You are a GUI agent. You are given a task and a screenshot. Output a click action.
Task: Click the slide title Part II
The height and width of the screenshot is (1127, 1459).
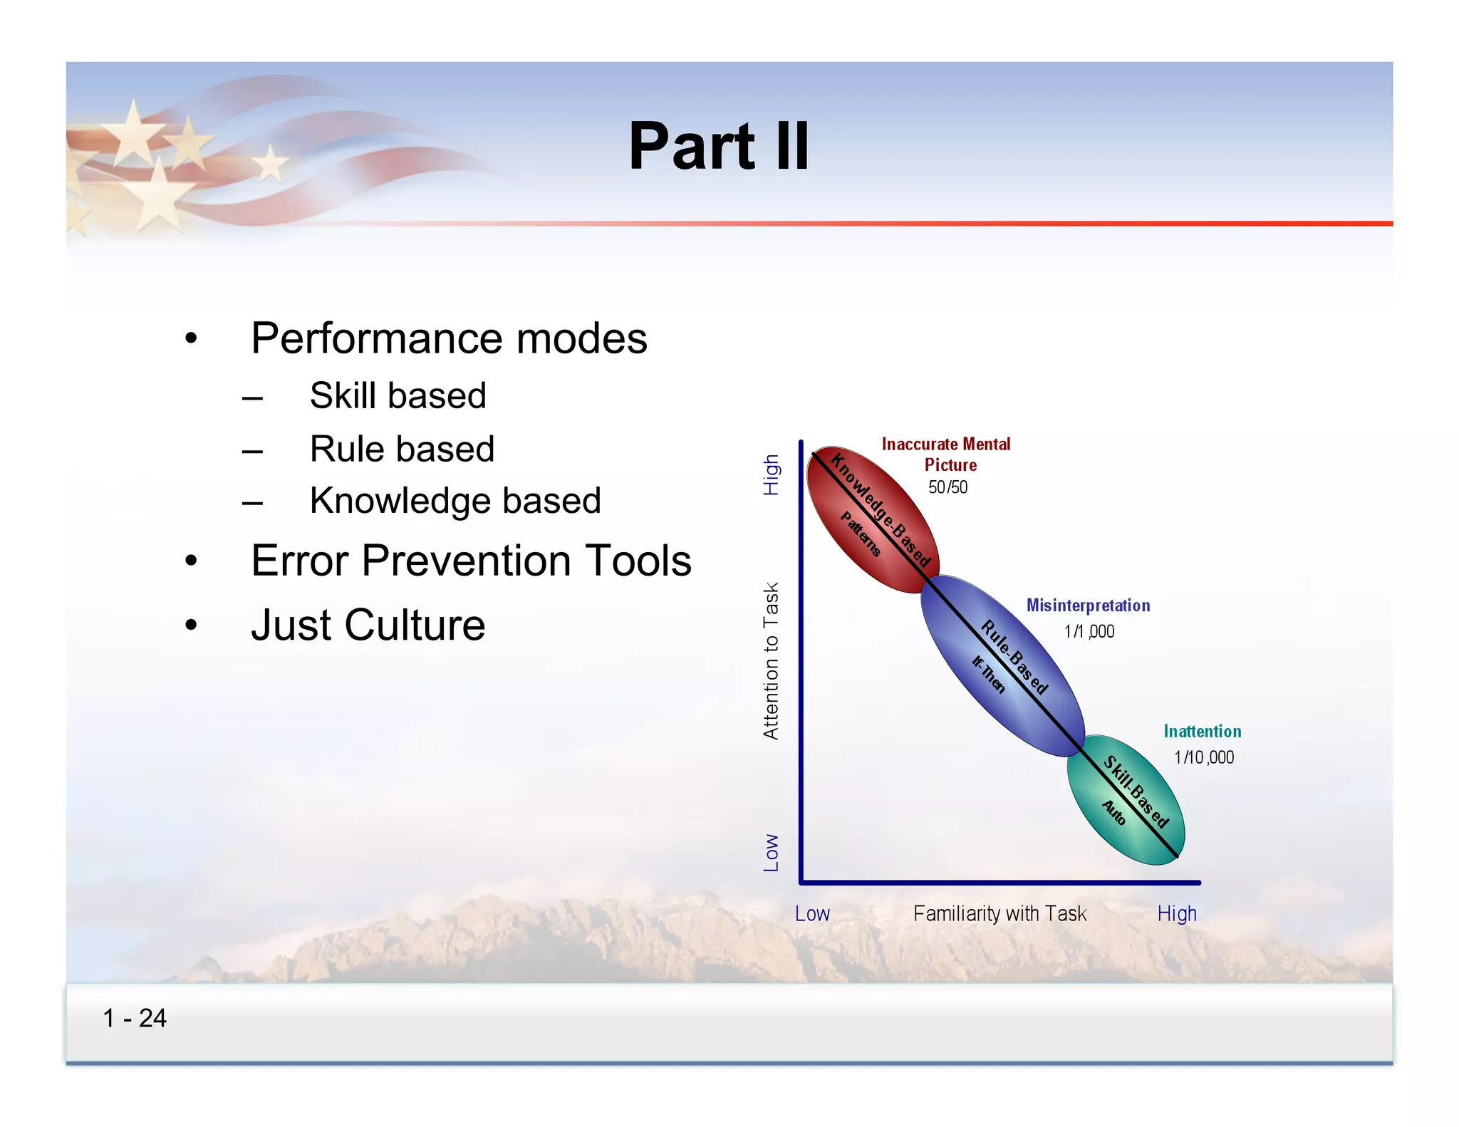pyautogui.click(x=718, y=147)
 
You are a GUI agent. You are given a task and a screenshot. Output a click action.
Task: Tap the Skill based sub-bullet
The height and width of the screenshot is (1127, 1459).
pyautogui.click(x=398, y=395)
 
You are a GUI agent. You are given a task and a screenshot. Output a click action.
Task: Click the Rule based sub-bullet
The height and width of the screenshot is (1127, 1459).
pyautogui.click(x=402, y=449)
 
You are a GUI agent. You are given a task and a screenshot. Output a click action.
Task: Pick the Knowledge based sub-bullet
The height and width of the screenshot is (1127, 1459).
pyautogui.click(x=455, y=500)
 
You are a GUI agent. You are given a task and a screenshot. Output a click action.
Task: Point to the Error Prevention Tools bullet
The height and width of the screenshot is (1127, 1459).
pyautogui.click(x=471, y=561)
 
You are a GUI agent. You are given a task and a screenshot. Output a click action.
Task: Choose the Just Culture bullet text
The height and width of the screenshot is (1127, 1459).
pyautogui.click(x=368, y=625)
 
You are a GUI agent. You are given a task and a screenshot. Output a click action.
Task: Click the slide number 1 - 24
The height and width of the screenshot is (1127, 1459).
pyautogui.click(x=135, y=1018)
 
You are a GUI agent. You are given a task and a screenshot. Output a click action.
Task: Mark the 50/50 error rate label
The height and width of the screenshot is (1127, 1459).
pyautogui.click(x=947, y=487)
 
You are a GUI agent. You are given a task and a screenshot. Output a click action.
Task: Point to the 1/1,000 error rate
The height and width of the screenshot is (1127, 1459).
pyautogui.click(x=1089, y=631)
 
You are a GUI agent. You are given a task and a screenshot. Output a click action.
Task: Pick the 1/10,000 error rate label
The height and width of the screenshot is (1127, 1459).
pyautogui.click(x=1204, y=757)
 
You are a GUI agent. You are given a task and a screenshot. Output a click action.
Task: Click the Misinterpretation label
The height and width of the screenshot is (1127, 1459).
pyautogui.click(x=1088, y=606)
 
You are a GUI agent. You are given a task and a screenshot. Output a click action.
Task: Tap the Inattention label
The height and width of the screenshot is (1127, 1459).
pyautogui.click(x=1202, y=732)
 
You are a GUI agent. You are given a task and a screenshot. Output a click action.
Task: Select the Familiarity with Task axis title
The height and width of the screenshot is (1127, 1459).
pyautogui.click(x=1000, y=913)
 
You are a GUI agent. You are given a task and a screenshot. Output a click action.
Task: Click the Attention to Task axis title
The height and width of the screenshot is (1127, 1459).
pyautogui.click(x=771, y=660)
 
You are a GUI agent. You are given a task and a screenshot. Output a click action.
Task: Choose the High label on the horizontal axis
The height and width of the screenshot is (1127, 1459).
pyautogui.click(x=1176, y=913)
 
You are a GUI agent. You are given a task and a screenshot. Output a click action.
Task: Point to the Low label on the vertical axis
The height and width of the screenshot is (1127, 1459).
pyautogui.click(x=771, y=853)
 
